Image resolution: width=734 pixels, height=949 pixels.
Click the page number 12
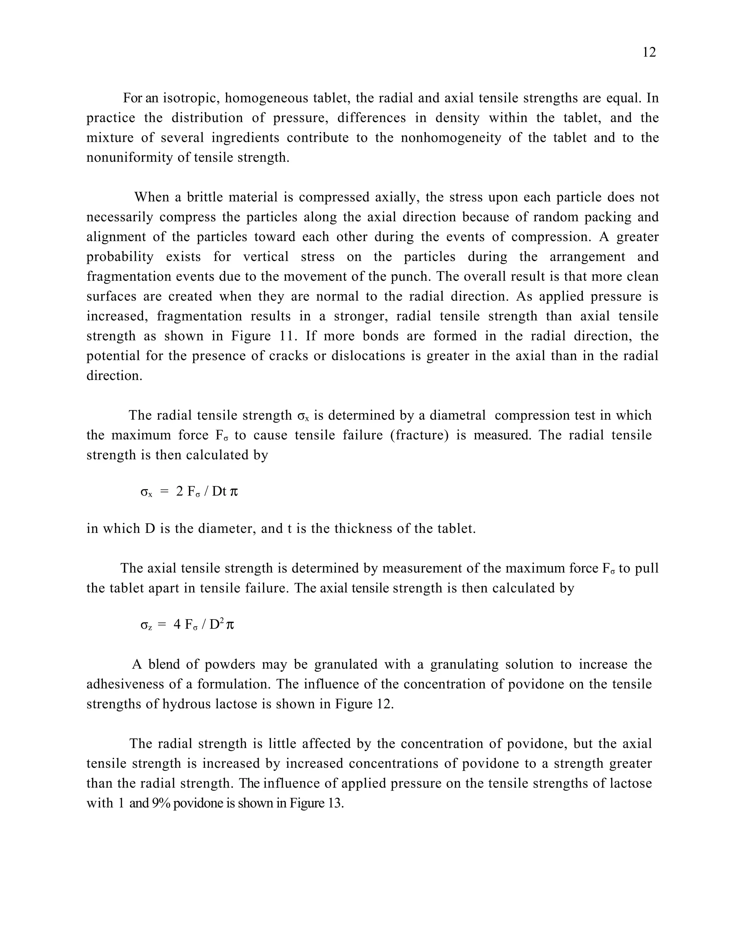[x=649, y=53]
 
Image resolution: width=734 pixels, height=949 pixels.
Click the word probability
[x=120, y=257]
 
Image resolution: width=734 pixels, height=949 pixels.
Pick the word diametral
[x=457, y=415]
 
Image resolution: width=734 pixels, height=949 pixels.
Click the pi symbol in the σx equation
[x=234, y=492]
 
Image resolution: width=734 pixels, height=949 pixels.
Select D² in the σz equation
[x=216, y=625]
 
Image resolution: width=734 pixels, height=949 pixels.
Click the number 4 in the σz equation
[x=177, y=625]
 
